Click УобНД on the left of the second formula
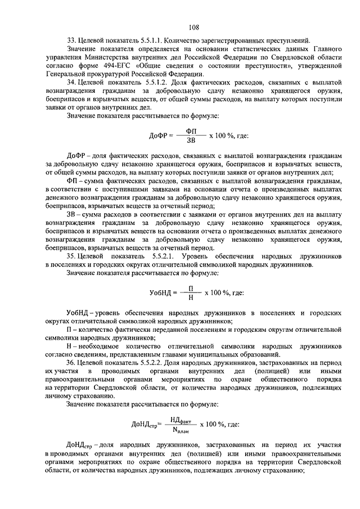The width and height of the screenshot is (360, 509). click(x=162, y=292)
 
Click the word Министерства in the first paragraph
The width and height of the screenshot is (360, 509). click(x=129, y=57)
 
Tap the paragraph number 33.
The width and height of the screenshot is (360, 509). click(x=71, y=40)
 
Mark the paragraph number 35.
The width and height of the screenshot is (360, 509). click(x=71, y=256)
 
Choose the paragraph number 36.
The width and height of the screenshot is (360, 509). click(x=71, y=363)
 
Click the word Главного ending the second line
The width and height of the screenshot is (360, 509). click(x=327, y=48)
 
